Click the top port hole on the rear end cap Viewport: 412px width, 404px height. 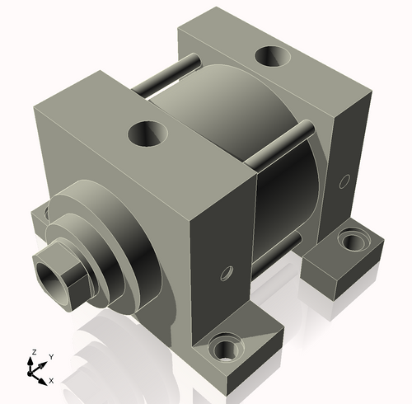pyautogui.click(x=271, y=57)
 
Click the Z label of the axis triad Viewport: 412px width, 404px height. pyautogui.click(x=33, y=352)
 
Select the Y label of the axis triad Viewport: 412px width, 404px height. pyautogui.click(x=50, y=356)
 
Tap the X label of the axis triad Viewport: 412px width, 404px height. pyautogui.click(x=51, y=380)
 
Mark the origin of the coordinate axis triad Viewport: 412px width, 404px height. pyautogui.click(x=35, y=372)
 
